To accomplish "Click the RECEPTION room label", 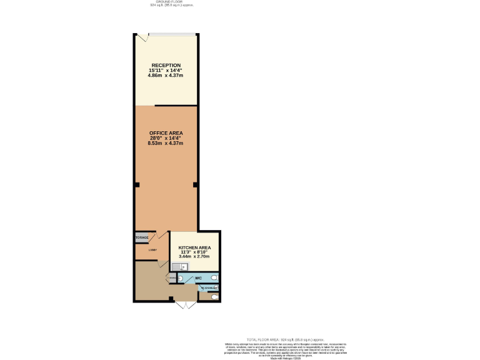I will pyautogui.click(x=166, y=65).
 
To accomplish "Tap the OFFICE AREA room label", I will pyautogui.click(x=166, y=133).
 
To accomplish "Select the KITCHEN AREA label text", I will pyautogui.click(x=194, y=247).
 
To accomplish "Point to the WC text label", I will pyautogui.click(x=198, y=277).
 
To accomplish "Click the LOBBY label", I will pyautogui.click(x=152, y=251).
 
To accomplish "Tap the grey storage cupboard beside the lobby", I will pyautogui.click(x=141, y=238).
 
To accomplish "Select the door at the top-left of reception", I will pyautogui.click(x=142, y=37).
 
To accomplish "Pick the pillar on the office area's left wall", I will pyautogui.click(x=136, y=184).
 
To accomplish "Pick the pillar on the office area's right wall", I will pyautogui.click(x=196, y=184).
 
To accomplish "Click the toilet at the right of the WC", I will pyautogui.click(x=214, y=277).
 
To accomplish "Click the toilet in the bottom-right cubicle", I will pyautogui.click(x=215, y=297).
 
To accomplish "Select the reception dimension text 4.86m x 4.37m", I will pyautogui.click(x=166, y=76).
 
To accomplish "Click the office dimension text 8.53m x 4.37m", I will pyautogui.click(x=166, y=144).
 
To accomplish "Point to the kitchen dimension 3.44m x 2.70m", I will pyautogui.click(x=194, y=257).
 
